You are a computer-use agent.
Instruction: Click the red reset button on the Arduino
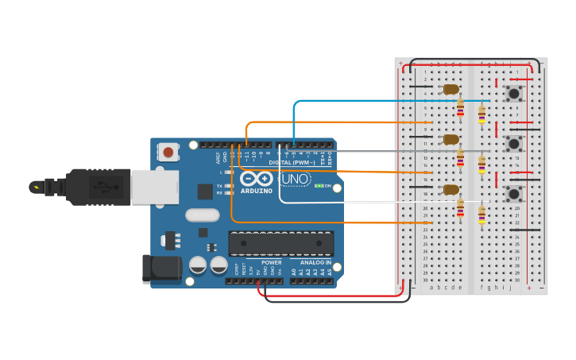pyautogui.click(x=168, y=152)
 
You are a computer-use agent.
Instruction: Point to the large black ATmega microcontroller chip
pyautogui.click(x=280, y=244)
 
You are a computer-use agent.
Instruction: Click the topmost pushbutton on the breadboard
pyautogui.click(x=514, y=94)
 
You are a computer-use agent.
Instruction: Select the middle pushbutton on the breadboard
pyautogui.click(x=514, y=144)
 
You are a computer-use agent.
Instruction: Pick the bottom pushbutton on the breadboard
pyautogui.click(x=514, y=194)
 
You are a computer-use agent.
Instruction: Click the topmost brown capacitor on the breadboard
pyautogui.click(x=450, y=89)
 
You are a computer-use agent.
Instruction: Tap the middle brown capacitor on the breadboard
pyautogui.click(x=450, y=139)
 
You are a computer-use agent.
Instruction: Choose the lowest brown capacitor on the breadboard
pyautogui.click(x=450, y=189)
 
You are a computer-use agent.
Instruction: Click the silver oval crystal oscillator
pyautogui.click(x=202, y=215)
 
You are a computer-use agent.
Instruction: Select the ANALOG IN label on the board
pyautogui.click(x=315, y=262)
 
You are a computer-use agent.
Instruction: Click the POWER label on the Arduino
pyautogui.click(x=272, y=262)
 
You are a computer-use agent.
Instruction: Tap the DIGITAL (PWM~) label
pyautogui.click(x=292, y=162)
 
